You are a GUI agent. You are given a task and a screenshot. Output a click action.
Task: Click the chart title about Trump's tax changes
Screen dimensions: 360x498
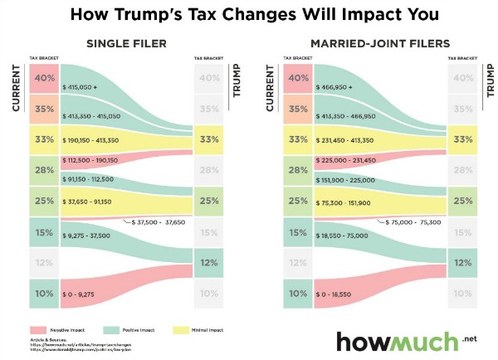coord(248,14)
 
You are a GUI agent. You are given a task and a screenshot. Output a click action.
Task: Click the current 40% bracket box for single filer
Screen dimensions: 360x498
coord(45,79)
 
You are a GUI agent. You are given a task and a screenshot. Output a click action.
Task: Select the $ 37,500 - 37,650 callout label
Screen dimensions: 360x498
coord(158,222)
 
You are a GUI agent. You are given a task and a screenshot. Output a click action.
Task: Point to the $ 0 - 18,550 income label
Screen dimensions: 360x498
coord(336,294)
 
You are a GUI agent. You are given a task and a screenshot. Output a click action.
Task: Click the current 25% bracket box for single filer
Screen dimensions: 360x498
coord(45,201)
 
